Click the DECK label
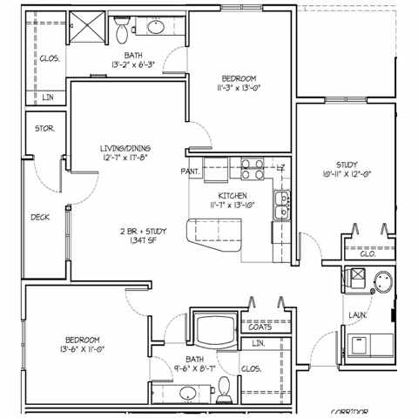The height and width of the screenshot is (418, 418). click(39, 218)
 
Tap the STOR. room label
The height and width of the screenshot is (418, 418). click(45, 128)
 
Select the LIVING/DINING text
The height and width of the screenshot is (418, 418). click(126, 149)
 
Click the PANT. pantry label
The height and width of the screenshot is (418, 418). click(191, 172)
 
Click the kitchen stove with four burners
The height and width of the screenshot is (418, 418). click(252, 166)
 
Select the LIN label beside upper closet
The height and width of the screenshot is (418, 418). click(47, 98)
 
